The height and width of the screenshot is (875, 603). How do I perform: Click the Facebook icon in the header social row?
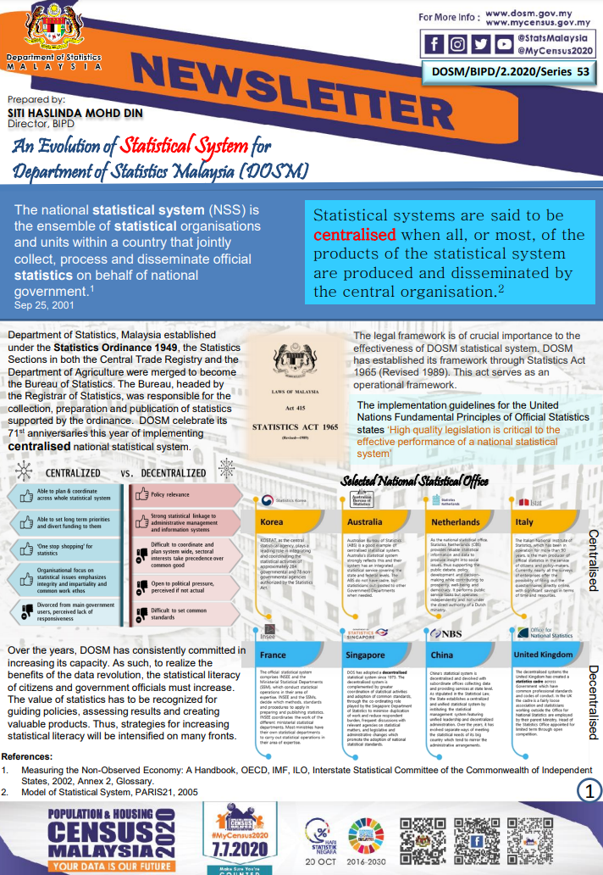click(434, 44)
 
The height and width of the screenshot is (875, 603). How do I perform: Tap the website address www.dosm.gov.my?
click(538, 14)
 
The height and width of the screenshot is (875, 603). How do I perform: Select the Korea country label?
click(272, 522)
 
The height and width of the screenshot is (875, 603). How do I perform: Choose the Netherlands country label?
click(456, 522)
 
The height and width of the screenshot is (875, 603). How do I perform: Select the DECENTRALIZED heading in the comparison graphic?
click(172, 472)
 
